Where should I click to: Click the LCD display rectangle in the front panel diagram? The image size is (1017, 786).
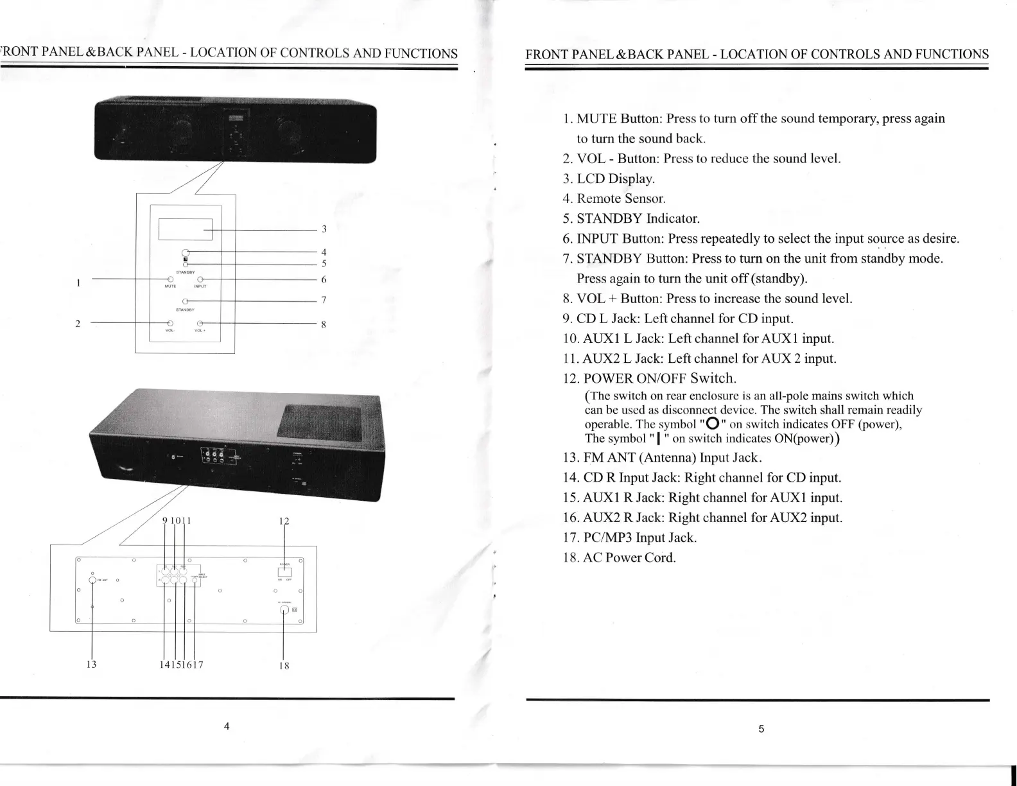[x=185, y=229]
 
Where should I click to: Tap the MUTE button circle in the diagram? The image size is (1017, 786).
[x=171, y=279]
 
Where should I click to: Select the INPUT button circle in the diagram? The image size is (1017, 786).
[x=200, y=279]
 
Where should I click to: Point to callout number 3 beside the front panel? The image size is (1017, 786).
[x=324, y=229]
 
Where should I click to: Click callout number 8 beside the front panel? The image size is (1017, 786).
[x=324, y=325]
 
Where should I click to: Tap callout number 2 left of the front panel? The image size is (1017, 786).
[x=78, y=323]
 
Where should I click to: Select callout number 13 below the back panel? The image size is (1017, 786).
[x=91, y=665]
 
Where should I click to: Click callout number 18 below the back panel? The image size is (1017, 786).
[x=283, y=665]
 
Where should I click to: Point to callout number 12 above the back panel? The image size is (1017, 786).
[x=284, y=521]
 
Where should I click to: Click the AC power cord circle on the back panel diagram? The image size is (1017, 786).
[x=284, y=610]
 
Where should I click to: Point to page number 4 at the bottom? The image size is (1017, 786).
[x=227, y=728]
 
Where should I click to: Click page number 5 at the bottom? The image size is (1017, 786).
[x=761, y=729]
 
